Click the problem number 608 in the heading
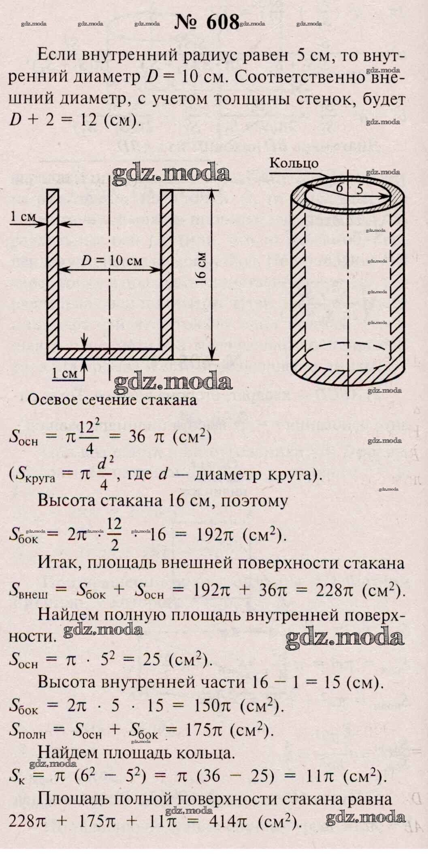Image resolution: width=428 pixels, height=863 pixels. (223, 23)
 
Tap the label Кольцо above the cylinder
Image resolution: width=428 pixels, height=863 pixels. (294, 163)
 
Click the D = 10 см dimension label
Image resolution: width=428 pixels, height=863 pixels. (111, 261)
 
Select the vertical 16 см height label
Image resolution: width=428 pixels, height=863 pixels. (202, 269)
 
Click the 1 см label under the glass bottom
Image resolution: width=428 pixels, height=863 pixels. (65, 373)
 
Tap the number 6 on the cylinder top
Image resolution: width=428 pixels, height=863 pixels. (339, 188)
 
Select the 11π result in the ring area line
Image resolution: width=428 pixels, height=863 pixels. (321, 776)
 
